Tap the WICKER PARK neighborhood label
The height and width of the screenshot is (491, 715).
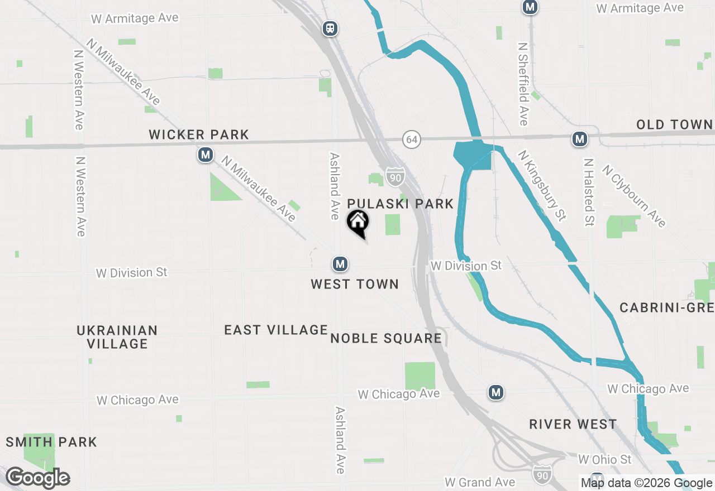click(x=199, y=134)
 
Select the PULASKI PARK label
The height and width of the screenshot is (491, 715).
click(x=401, y=204)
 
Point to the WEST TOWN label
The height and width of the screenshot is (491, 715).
click(x=355, y=284)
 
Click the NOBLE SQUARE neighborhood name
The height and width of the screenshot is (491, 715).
click(x=386, y=338)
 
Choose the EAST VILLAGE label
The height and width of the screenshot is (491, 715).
click(x=276, y=330)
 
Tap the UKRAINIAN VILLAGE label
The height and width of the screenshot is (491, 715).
click(x=117, y=337)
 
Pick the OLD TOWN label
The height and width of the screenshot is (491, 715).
click(x=675, y=124)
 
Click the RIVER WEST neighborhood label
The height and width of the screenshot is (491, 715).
click(x=573, y=424)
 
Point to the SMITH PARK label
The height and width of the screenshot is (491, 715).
click(x=51, y=442)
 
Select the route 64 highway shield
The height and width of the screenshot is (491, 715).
click(x=412, y=139)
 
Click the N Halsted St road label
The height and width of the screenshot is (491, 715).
click(x=588, y=192)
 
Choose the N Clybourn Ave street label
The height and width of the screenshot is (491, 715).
click(x=634, y=195)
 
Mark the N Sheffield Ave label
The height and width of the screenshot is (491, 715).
click(x=523, y=84)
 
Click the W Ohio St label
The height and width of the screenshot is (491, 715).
click(x=605, y=459)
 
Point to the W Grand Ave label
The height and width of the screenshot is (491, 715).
click(x=480, y=482)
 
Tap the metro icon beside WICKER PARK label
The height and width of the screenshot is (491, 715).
click(x=206, y=155)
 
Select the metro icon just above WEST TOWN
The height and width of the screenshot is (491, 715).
click(x=340, y=263)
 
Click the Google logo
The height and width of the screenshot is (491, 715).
click(x=37, y=478)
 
